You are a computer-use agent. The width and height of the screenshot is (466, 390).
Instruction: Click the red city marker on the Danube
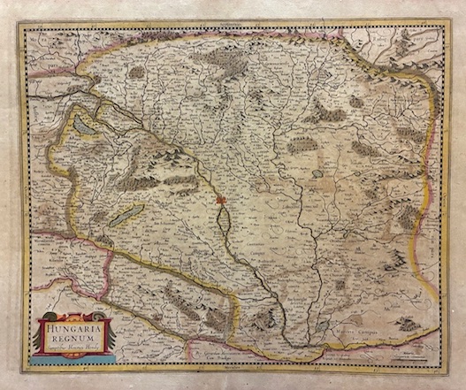tap(222, 202)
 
